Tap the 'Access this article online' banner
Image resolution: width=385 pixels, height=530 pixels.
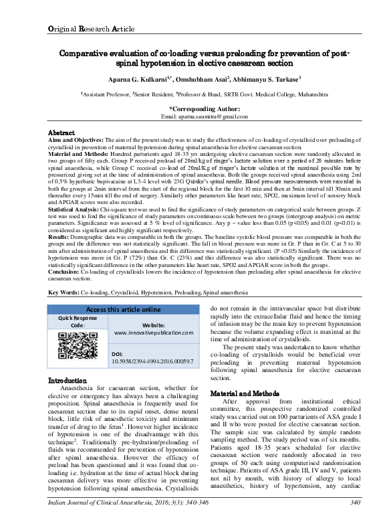click(124, 309)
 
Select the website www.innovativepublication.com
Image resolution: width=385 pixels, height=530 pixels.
click(154, 332)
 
